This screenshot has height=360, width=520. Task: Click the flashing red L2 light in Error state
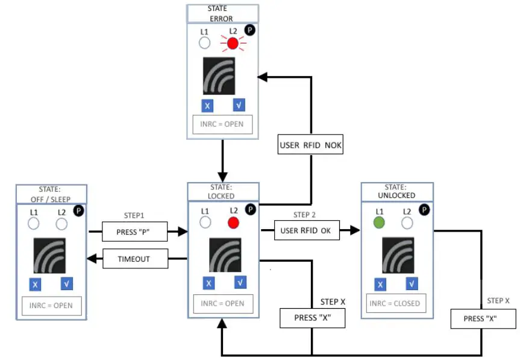point(233,43)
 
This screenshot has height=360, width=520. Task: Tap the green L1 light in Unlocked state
point(379,223)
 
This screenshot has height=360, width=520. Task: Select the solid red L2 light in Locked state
point(233,223)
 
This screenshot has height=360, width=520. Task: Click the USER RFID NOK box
point(310,144)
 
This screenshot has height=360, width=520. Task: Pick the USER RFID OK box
point(307,230)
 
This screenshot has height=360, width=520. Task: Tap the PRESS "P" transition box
point(134,232)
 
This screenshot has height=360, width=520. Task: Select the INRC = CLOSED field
point(396,303)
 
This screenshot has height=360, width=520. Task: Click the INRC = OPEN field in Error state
point(222,124)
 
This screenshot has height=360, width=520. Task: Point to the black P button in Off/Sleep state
point(78,210)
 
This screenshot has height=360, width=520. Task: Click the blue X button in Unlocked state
point(380,285)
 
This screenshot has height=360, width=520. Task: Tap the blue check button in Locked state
point(240,282)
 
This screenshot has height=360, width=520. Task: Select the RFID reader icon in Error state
point(219,76)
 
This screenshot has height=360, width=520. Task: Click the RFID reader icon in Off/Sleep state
point(49,256)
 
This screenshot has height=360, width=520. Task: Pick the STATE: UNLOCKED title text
point(396,191)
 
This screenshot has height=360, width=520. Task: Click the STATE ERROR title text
point(221,14)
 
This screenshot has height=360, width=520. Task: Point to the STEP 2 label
point(304,215)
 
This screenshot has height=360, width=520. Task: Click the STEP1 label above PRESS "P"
point(134,216)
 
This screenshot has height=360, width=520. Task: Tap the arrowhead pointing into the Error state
point(262,77)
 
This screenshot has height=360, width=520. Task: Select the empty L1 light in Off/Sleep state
point(34,224)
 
